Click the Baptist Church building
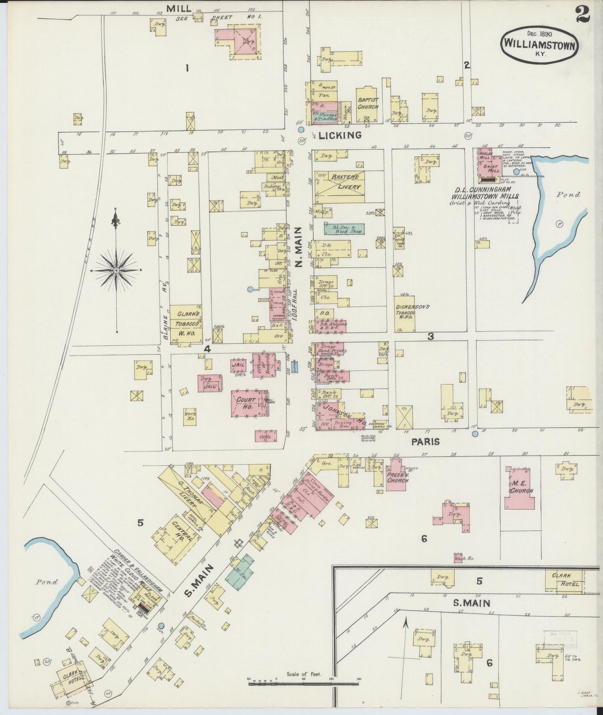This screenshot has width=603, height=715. coord(367,104)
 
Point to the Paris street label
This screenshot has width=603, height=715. coord(425,441)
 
